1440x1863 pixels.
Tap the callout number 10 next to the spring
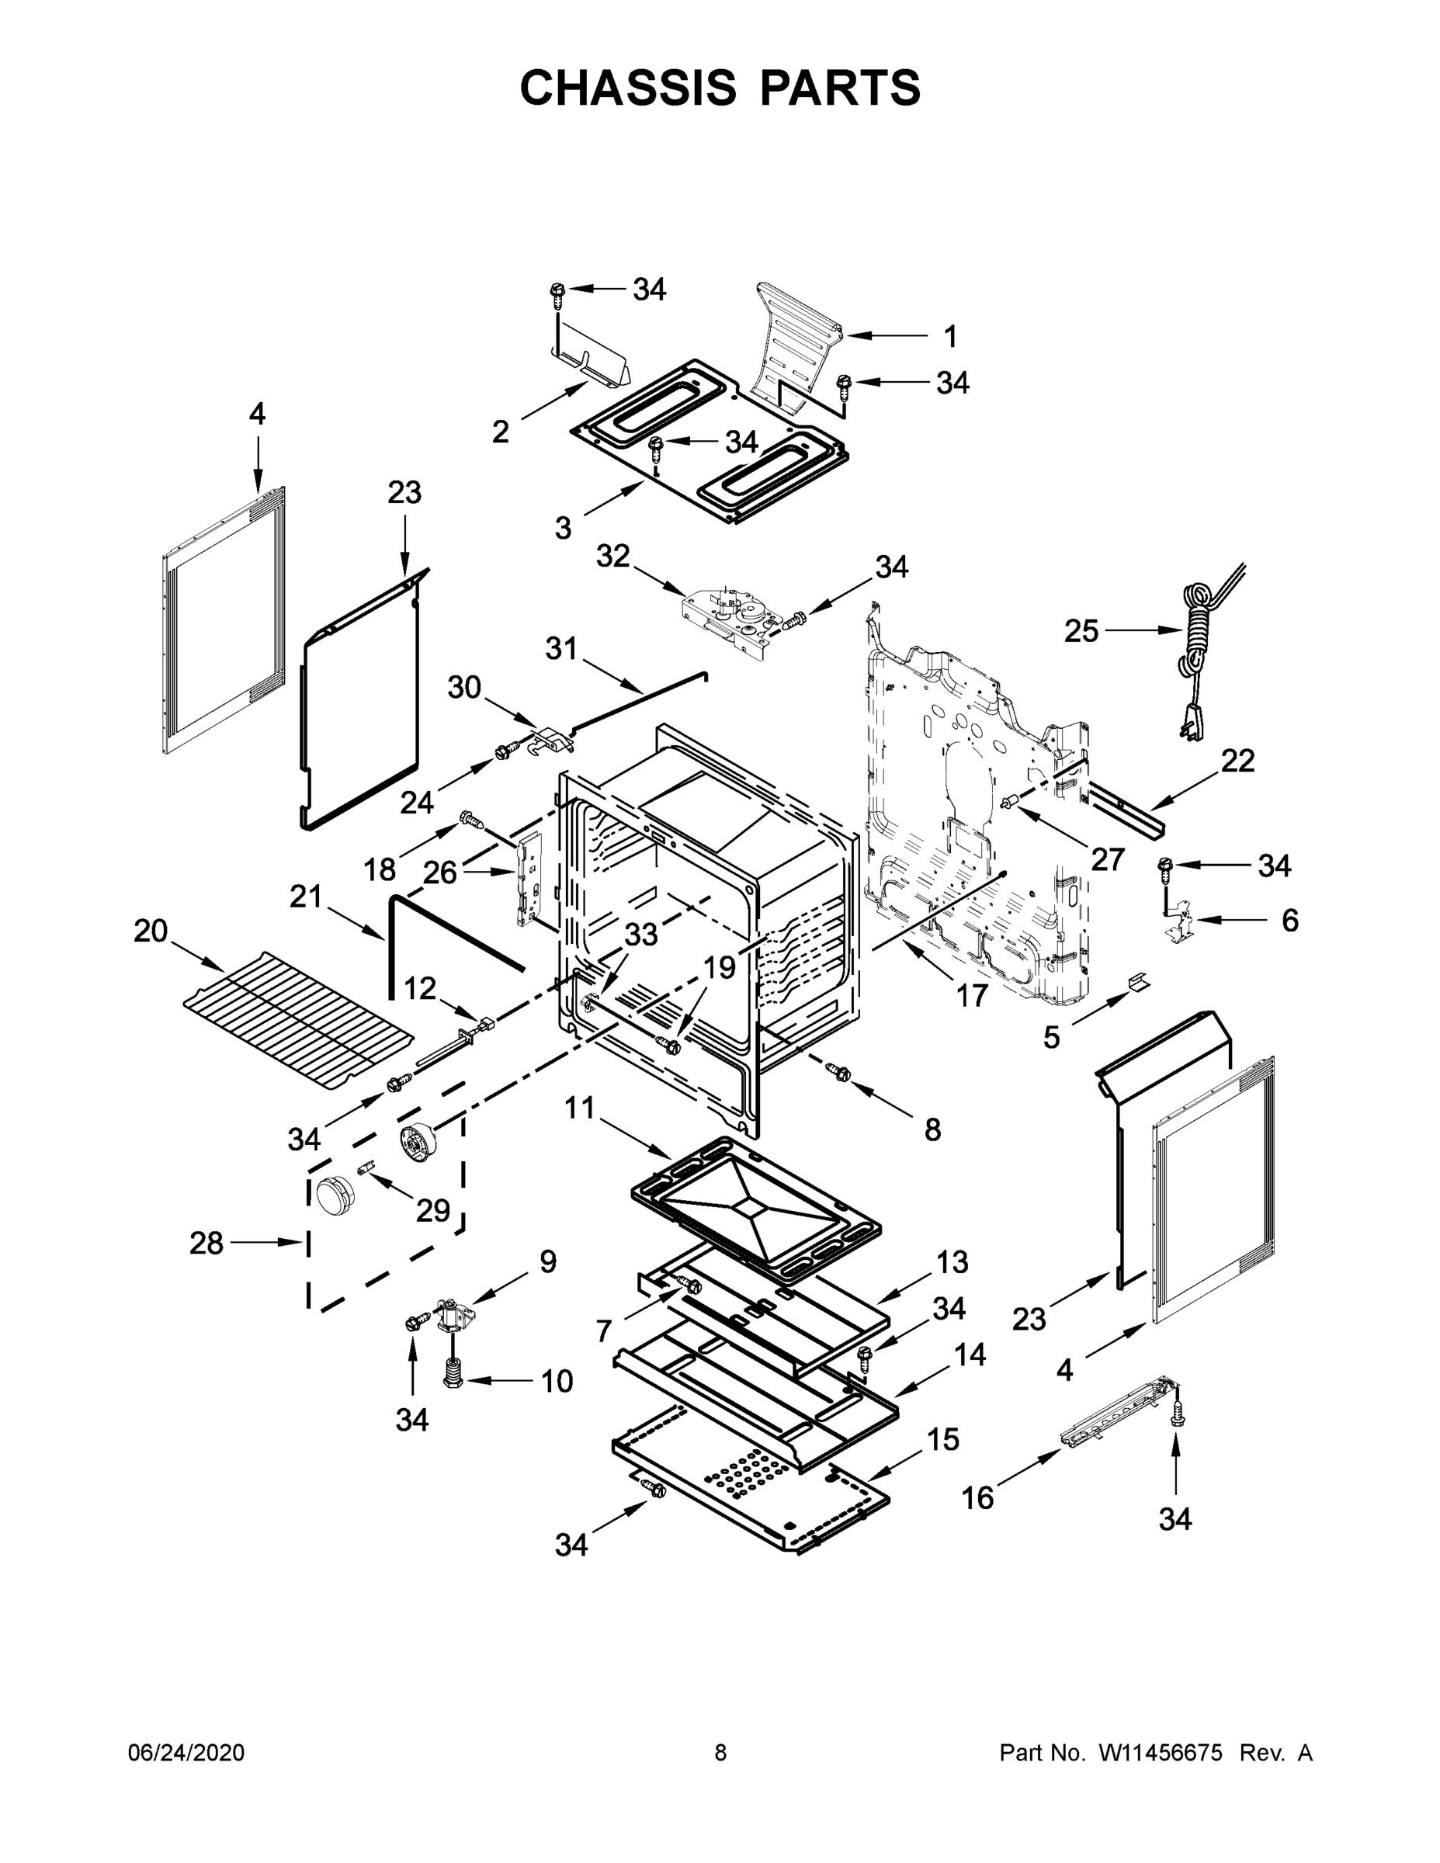click(557, 1381)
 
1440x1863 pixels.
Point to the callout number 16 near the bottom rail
click(977, 1498)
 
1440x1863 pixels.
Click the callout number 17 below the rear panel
click(972, 994)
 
